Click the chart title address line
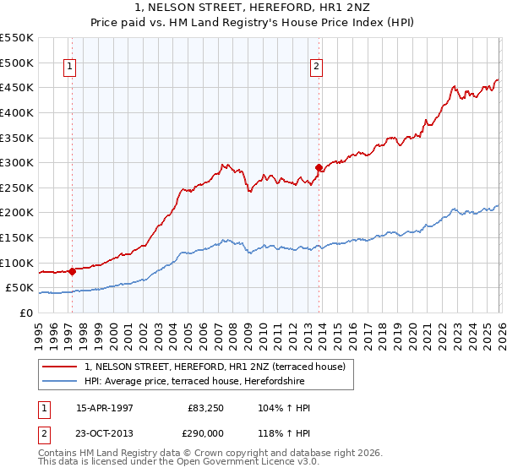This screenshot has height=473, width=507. pyautogui.click(x=253, y=8)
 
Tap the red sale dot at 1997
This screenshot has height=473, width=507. pyautogui.click(x=73, y=271)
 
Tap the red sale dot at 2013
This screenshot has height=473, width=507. pyautogui.click(x=319, y=167)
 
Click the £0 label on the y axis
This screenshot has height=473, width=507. pyautogui.click(x=25, y=313)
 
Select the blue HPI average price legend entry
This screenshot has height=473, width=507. pyautogui.click(x=194, y=382)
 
